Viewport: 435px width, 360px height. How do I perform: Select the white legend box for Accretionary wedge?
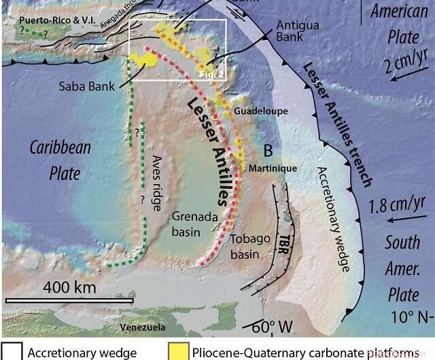pyautogui.click(x=11, y=352)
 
